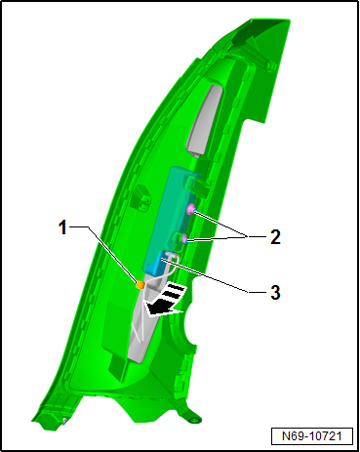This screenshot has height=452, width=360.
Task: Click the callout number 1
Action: click(63, 227)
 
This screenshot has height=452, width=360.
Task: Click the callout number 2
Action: click(275, 237)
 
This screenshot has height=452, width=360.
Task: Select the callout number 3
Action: click(275, 292)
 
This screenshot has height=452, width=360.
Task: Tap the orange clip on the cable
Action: click(140, 285)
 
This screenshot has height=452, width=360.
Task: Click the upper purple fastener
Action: click(191, 209)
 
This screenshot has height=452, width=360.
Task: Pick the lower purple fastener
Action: click(184, 239)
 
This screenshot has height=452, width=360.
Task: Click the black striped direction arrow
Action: click(164, 300)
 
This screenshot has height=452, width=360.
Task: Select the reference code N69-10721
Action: click(312, 436)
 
